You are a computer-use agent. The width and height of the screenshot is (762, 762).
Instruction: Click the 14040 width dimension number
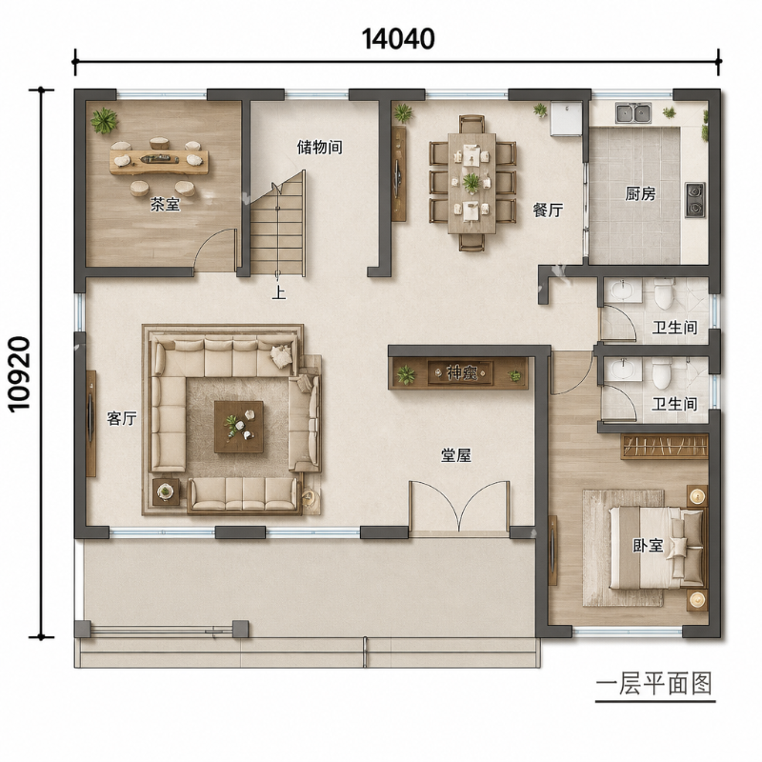coord(398,39)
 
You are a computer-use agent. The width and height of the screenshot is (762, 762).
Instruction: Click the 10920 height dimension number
coord(20,374)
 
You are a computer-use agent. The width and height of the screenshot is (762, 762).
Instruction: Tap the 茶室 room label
coord(165,204)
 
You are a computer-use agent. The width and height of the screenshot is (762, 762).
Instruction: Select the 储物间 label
coord(319,147)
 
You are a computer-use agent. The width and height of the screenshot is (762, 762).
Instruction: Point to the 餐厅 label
coord(548,210)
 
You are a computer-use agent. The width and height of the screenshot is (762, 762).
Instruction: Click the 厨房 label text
coord(640,194)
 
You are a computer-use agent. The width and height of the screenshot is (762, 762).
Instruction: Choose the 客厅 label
coord(122,418)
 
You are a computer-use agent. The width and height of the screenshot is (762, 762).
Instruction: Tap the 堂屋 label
coord(456,455)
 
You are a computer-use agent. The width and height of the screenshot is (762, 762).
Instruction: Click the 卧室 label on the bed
coord(648,545)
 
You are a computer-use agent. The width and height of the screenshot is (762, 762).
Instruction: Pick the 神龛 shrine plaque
coord(460,373)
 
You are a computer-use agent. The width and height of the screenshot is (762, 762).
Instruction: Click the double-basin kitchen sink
coord(633,112)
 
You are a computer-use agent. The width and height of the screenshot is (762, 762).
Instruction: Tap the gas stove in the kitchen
coord(695,200)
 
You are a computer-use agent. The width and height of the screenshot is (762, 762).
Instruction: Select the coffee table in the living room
coord(239,427)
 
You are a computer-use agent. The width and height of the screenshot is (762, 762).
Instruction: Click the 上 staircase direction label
coord(278,293)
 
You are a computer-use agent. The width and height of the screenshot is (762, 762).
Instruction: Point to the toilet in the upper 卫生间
coord(663,293)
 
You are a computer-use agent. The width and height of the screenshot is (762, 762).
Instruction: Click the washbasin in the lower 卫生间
coord(622,369)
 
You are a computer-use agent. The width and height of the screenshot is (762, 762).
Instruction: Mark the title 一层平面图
coord(654,684)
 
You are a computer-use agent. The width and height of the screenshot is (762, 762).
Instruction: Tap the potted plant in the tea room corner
coord(104,120)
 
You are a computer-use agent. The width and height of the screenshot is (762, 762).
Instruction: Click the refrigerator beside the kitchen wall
coord(566,118)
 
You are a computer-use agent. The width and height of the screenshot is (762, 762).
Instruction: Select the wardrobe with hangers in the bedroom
coord(664,447)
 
